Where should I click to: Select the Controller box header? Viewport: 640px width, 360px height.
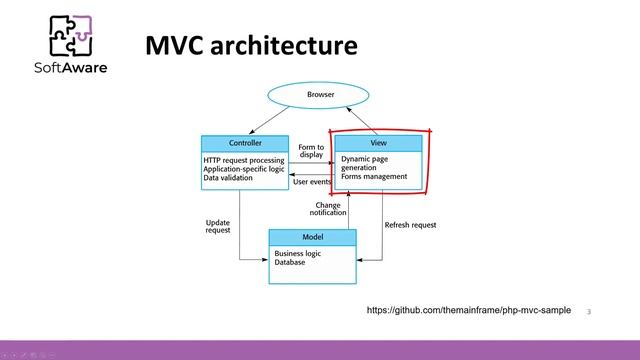pyautogui.click(x=244, y=143)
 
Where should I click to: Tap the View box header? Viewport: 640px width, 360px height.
pyautogui.click(x=377, y=143)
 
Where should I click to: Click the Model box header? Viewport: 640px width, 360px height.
pyautogui.click(x=312, y=237)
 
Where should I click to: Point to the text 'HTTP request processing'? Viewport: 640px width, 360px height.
pyautogui.click(x=244, y=160)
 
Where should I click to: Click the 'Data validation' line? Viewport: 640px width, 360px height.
pyautogui.click(x=230, y=176)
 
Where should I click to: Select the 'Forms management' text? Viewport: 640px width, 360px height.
pyautogui.click(x=373, y=177)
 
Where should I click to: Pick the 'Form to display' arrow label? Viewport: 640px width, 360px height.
pyautogui.click(x=311, y=151)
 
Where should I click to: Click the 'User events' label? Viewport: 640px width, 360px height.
pyautogui.click(x=312, y=182)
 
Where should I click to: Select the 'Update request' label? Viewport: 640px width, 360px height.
pyautogui.click(x=218, y=226)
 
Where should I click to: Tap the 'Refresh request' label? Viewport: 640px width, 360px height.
pyautogui.click(x=410, y=225)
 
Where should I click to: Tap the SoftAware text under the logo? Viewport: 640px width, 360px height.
pyautogui.click(x=71, y=69)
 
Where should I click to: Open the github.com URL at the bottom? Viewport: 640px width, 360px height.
pyautogui.click(x=469, y=311)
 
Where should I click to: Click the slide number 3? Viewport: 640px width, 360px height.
pyautogui.click(x=590, y=312)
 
